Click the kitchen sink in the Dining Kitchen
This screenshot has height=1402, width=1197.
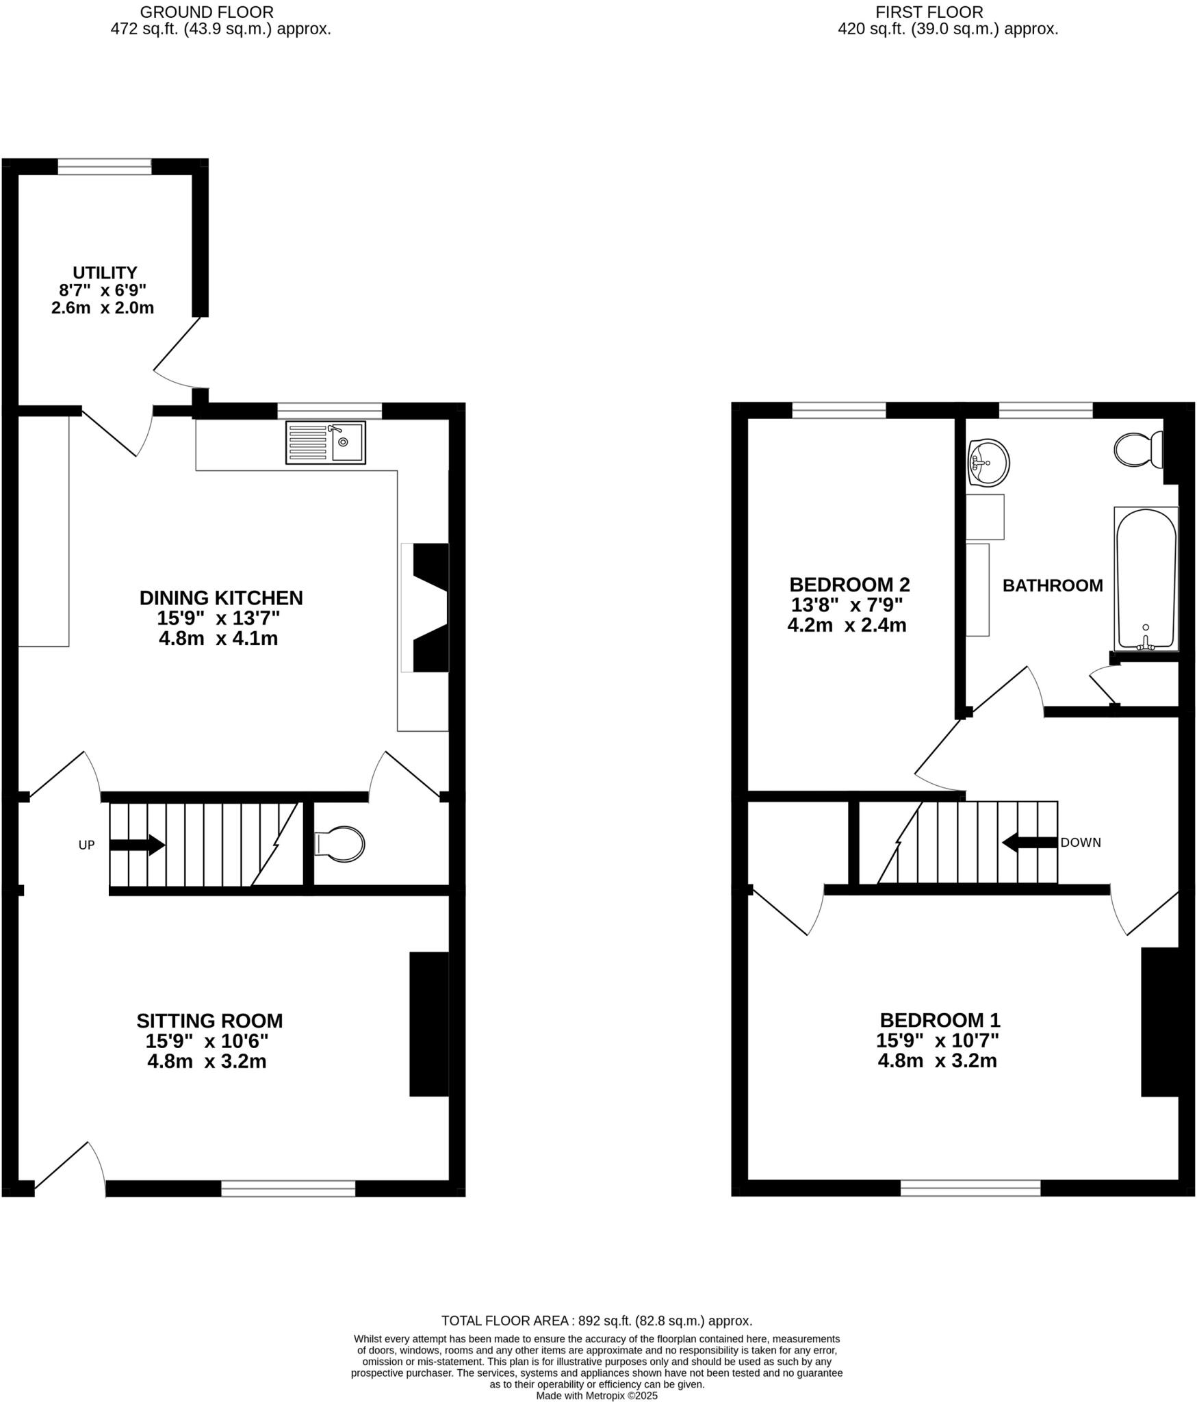[x=326, y=443]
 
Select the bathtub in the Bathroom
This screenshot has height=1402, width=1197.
[x=1146, y=578]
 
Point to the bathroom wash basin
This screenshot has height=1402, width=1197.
[x=988, y=463]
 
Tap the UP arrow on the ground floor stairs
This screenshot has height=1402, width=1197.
[x=137, y=845]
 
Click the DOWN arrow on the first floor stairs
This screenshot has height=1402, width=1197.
[x=1029, y=843]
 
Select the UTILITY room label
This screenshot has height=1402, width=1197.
[x=105, y=272]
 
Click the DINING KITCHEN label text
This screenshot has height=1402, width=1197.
[x=221, y=598]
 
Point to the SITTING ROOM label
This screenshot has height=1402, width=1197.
[x=209, y=1021]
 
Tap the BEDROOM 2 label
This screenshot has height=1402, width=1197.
[x=849, y=585]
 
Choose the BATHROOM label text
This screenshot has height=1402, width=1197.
[x=1053, y=585]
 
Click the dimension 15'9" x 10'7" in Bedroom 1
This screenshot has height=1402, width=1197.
[x=938, y=1041]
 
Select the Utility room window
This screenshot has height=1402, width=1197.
[x=105, y=166]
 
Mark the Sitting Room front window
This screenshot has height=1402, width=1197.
[x=288, y=1188]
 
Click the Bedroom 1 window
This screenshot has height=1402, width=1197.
[x=970, y=1188]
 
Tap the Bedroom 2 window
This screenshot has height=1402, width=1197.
[x=839, y=410]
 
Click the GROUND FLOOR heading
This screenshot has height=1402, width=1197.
[x=207, y=12]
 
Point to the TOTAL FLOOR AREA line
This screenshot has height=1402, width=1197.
[x=597, y=1321]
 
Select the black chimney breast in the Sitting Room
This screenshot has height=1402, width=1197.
[x=429, y=1023]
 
